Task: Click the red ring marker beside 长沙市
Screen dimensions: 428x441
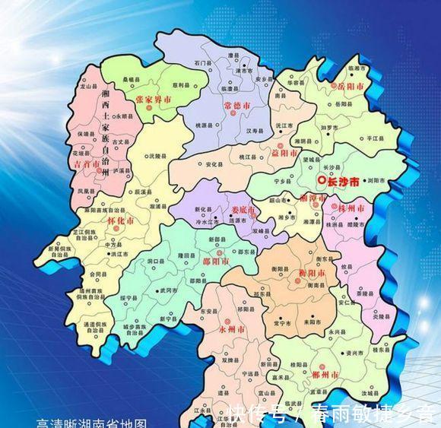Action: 322,181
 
